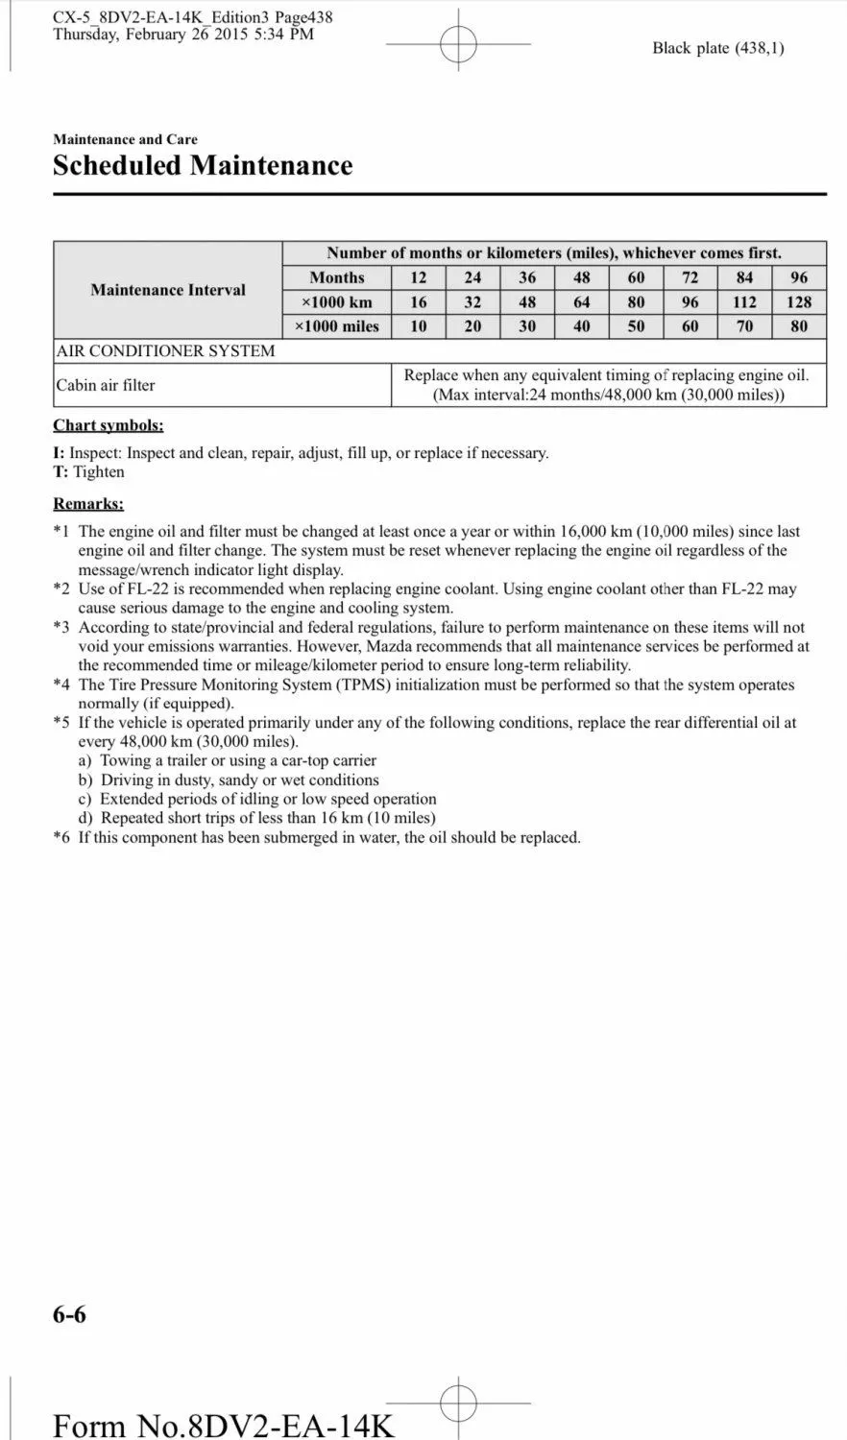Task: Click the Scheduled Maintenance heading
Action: click(x=203, y=165)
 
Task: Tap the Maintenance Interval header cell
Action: click(x=168, y=290)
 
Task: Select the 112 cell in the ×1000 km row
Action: click(x=744, y=301)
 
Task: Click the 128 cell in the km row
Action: click(x=799, y=301)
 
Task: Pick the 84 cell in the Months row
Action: click(x=744, y=277)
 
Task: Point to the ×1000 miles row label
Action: click(x=337, y=326)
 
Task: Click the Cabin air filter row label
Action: click(x=106, y=385)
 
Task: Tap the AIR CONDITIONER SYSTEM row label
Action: click(x=165, y=351)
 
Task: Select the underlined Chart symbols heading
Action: click(x=109, y=425)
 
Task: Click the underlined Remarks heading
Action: click(x=88, y=504)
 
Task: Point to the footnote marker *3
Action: click(x=61, y=628)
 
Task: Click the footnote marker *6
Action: click(x=61, y=838)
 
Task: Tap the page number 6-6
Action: click(x=69, y=1314)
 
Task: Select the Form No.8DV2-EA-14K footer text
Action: click(x=223, y=1425)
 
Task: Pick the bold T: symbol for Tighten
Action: click(x=60, y=472)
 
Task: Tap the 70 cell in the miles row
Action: click(x=744, y=326)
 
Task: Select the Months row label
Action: click(x=337, y=277)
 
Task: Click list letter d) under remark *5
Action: click(x=85, y=819)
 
